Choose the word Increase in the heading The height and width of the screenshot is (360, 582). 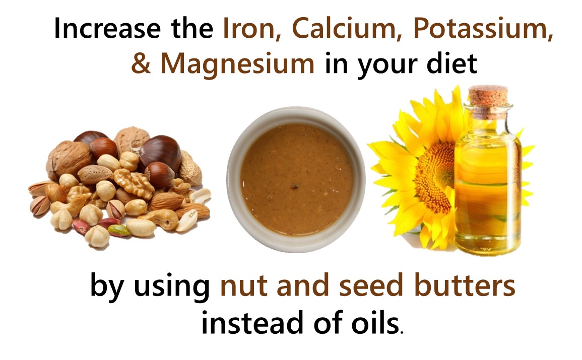[108, 29]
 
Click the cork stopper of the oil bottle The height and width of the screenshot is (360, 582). [488, 98]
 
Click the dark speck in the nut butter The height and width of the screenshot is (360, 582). [295, 186]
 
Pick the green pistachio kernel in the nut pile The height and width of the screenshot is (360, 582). [118, 231]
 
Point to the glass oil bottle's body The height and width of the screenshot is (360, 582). [488, 185]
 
